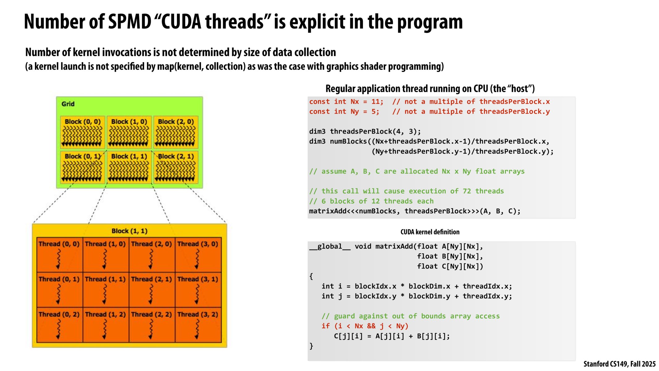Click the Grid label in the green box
pyautogui.click(x=68, y=104)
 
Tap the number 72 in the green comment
pyautogui.click(x=467, y=191)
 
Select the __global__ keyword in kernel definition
pyautogui.click(x=330, y=246)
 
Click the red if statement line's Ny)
pyautogui.click(x=402, y=326)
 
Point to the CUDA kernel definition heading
pyautogui.click(x=430, y=232)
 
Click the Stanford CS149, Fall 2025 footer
pyautogui.click(x=619, y=364)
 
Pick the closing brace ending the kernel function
pyautogui.click(x=311, y=346)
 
